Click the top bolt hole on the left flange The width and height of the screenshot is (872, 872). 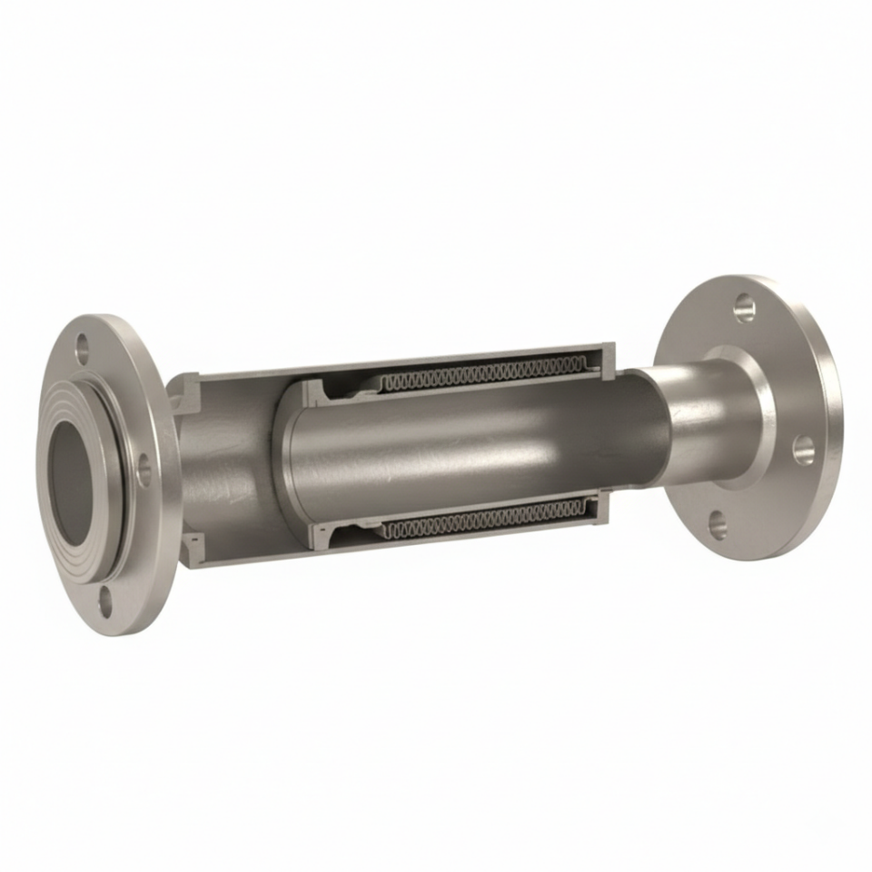click(83, 347)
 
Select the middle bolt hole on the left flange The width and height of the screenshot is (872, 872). click(144, 471)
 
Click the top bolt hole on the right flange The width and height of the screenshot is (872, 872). click(744, 307)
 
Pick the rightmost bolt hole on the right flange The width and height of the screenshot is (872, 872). click(803, 449)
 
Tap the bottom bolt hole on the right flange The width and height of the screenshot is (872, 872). click(718, 524)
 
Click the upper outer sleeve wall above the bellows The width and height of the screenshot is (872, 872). click(454, 355)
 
